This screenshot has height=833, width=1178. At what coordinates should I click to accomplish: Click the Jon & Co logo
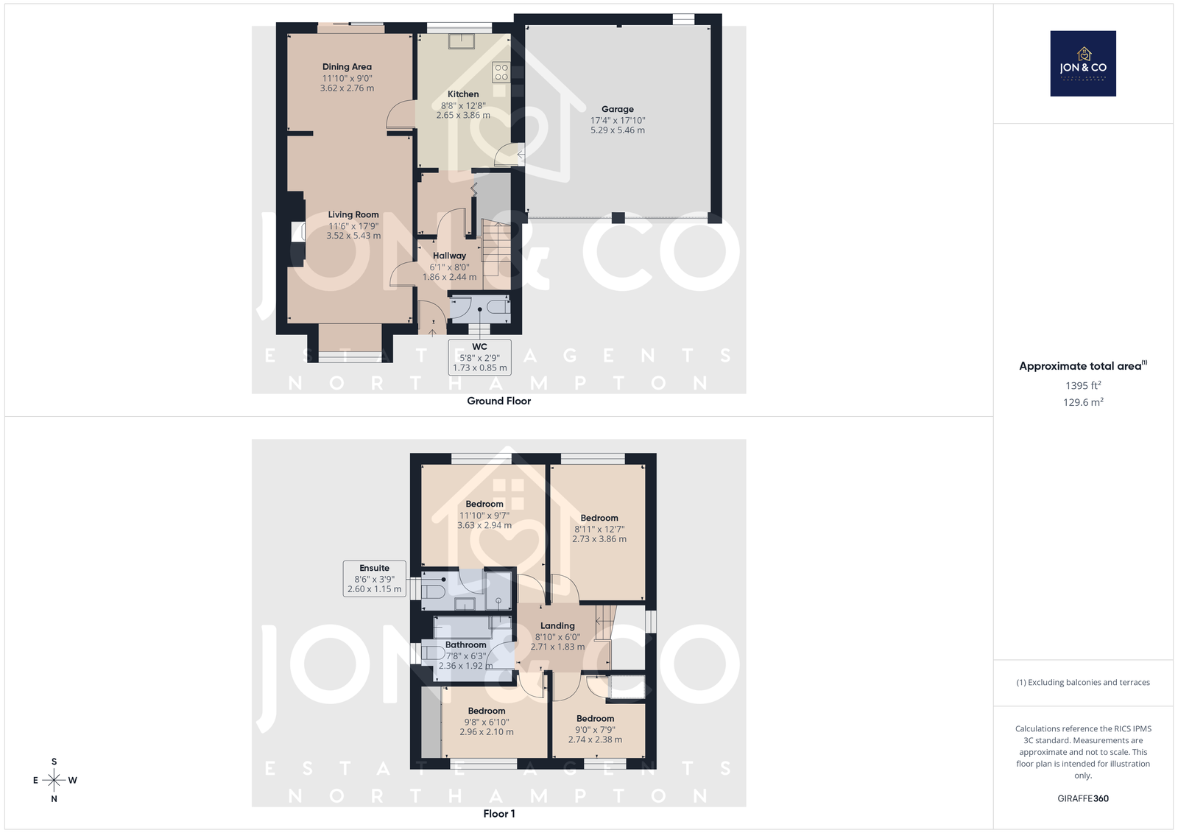point(1083,63)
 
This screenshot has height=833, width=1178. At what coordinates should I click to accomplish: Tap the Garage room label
point(618,109)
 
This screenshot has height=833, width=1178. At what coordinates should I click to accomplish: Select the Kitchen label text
point(463,94)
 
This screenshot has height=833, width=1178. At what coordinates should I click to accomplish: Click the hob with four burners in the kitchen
point(501,72)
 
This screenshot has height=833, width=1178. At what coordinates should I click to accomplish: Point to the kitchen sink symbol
point(461,41)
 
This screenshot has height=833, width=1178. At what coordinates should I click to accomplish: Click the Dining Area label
point(347,67)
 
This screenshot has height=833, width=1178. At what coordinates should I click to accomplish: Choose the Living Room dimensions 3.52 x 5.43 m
point(353,236)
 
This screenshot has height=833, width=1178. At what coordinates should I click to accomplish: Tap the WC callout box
point(479,357)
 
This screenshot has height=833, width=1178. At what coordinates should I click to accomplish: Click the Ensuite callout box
point(375,578)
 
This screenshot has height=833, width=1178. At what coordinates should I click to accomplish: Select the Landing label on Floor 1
point(557,626)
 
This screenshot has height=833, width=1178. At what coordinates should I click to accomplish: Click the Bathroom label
point(465,644)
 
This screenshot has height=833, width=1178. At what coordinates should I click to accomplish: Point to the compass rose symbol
point(54,780)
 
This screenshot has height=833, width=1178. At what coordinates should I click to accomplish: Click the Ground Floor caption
point(498,401)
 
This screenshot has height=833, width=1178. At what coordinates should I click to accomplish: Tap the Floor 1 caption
point(498,814)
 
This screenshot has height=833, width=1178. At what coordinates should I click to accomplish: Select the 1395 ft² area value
point(1083,385)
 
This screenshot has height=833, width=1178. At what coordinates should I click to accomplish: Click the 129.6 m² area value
point(1083,402)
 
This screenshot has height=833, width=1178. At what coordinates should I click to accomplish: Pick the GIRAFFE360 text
point(1083,798)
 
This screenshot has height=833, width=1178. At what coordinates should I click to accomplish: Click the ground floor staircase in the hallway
point(496,256)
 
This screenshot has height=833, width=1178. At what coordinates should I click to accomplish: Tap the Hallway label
point(449,256)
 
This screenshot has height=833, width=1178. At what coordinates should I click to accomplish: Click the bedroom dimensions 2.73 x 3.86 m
point(599,539)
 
